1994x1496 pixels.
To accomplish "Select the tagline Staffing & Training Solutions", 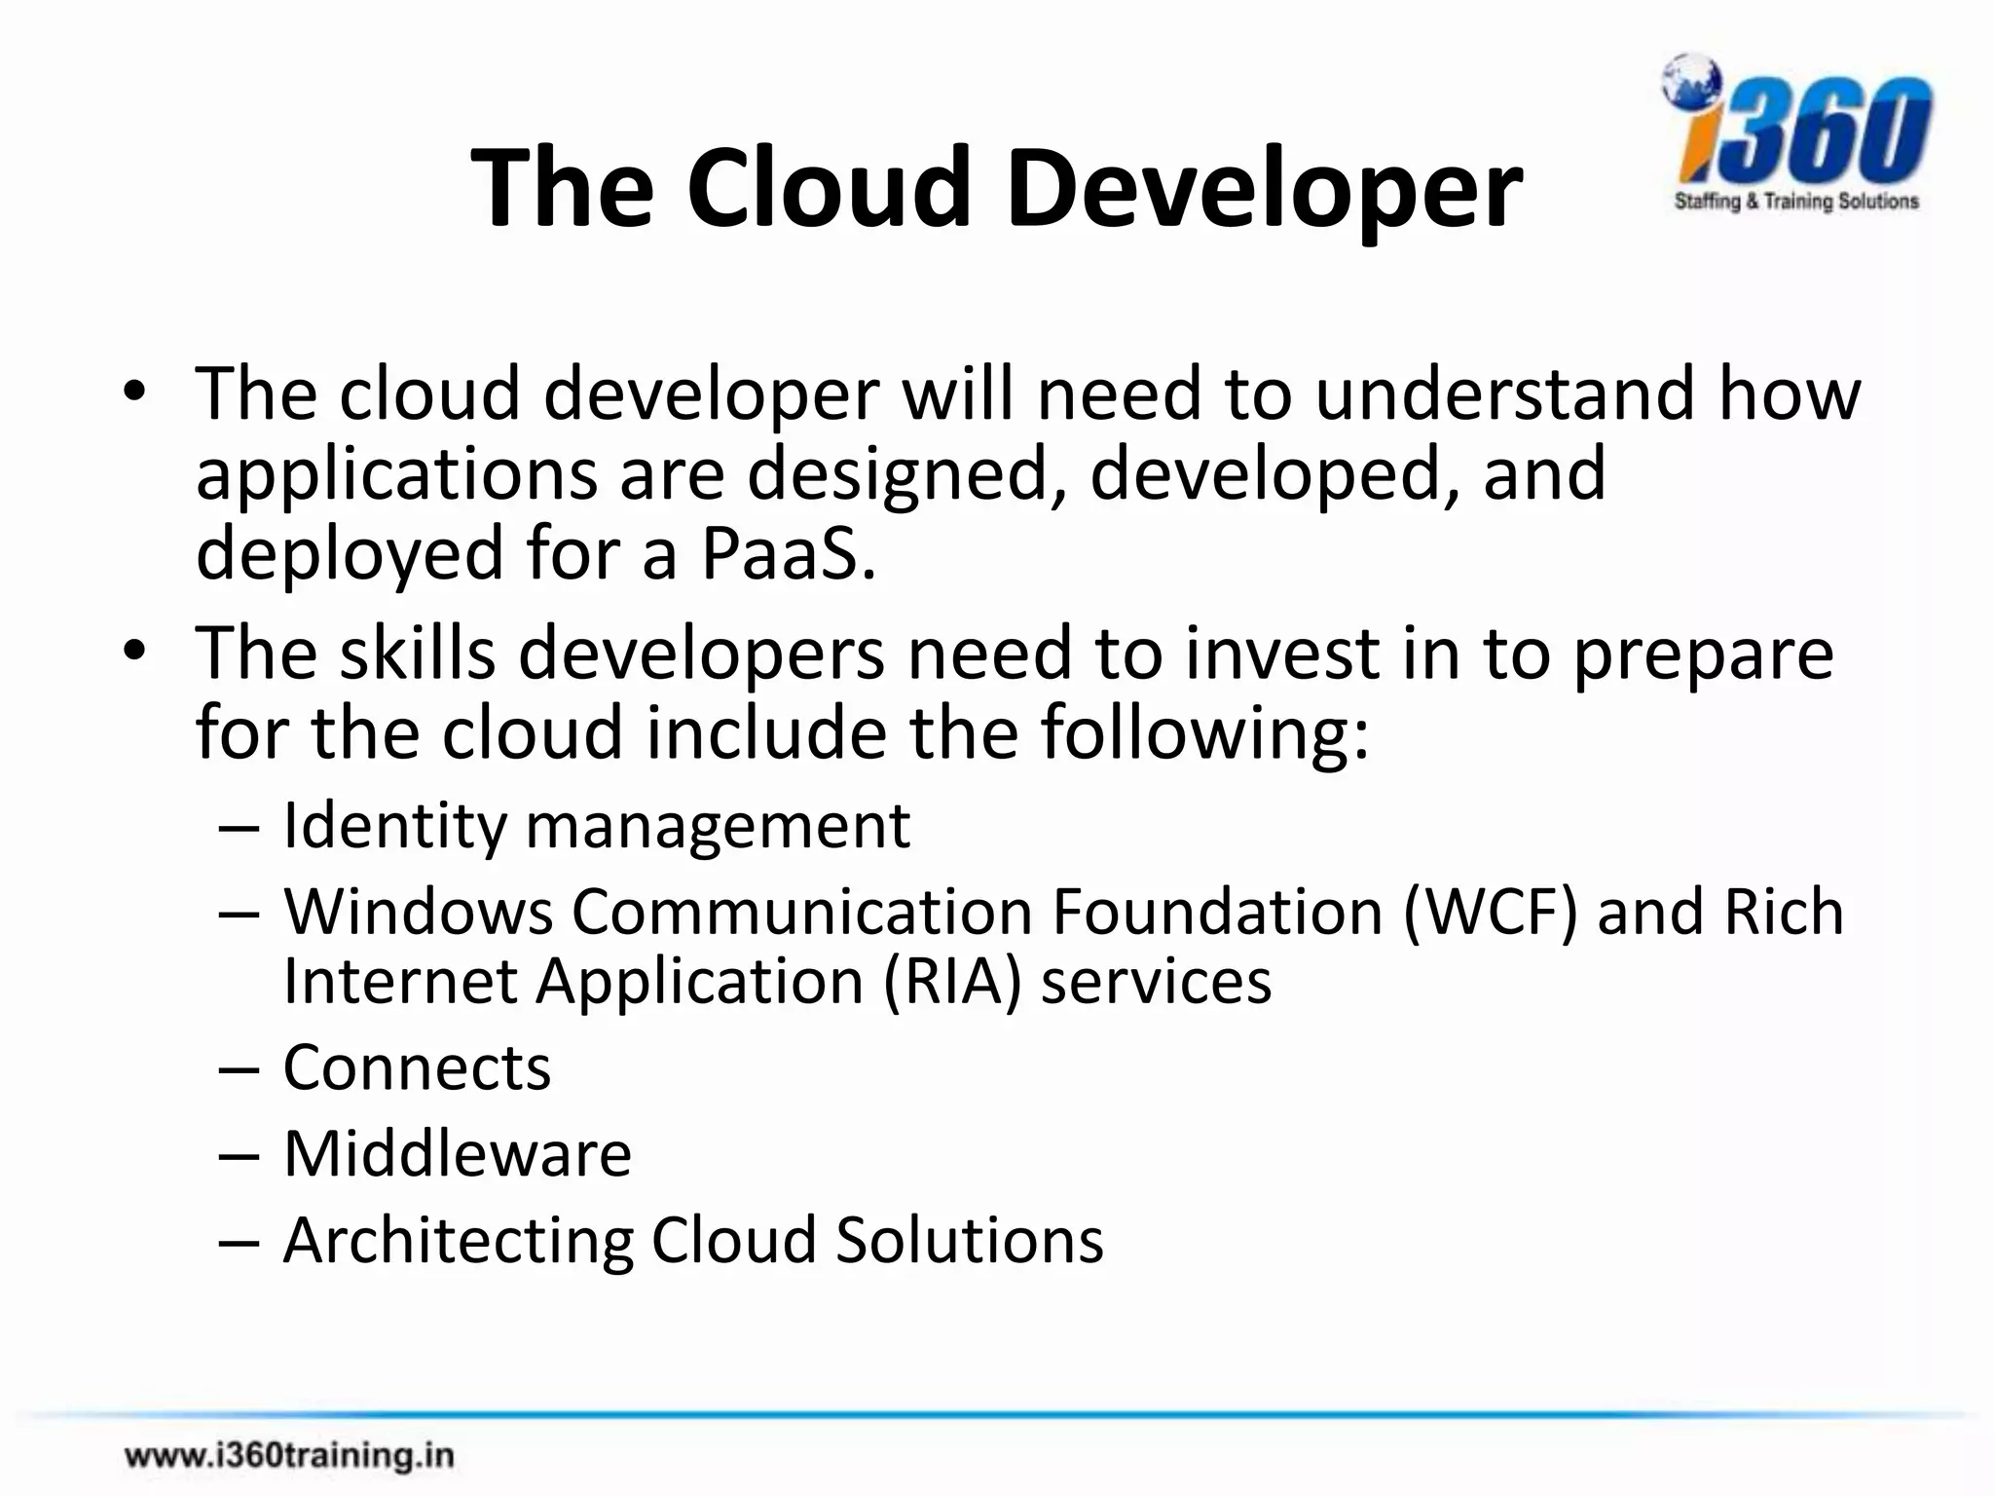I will pyautogui.click(x=1796, y=202).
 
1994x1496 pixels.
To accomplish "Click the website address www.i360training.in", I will pyautogui.click(x=289, y=1456).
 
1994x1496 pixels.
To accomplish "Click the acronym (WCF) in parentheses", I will pyautogui.click(x=1489, y=913).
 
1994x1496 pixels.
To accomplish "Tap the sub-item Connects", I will pyautogui.click(x=417, y=1067).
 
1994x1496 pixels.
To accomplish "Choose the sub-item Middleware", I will pyautogui.click(x=458, y=1154).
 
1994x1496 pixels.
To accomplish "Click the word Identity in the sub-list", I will pyautogui.click(x=395, y=826).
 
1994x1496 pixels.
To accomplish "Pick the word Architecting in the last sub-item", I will pyautogui.click(x=458, y=1241).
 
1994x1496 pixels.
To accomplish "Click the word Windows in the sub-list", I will pyautogui.click(x=419, y=913).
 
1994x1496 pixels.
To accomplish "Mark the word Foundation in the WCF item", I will pyautogui.click(x=1217, y=913).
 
